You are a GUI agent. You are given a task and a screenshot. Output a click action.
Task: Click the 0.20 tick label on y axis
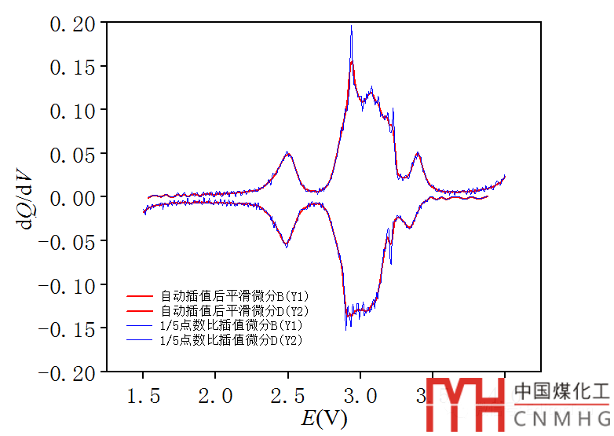72,24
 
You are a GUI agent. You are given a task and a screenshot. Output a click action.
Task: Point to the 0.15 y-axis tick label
72,68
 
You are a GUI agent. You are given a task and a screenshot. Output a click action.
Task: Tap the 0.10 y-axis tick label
72,110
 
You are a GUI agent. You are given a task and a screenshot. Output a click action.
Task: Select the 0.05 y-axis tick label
72,153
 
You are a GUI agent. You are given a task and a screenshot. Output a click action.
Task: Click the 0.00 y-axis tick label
72,196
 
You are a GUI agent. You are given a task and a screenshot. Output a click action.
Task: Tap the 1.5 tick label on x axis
144,395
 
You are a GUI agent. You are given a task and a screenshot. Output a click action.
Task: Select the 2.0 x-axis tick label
216,395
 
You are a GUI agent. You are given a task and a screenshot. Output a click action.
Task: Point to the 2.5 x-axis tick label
288,395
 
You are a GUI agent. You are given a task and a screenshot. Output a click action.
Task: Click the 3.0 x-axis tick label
360,395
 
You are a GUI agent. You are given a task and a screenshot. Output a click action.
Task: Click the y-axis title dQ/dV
24,197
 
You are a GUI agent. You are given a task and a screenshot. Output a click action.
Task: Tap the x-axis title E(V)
324,418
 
